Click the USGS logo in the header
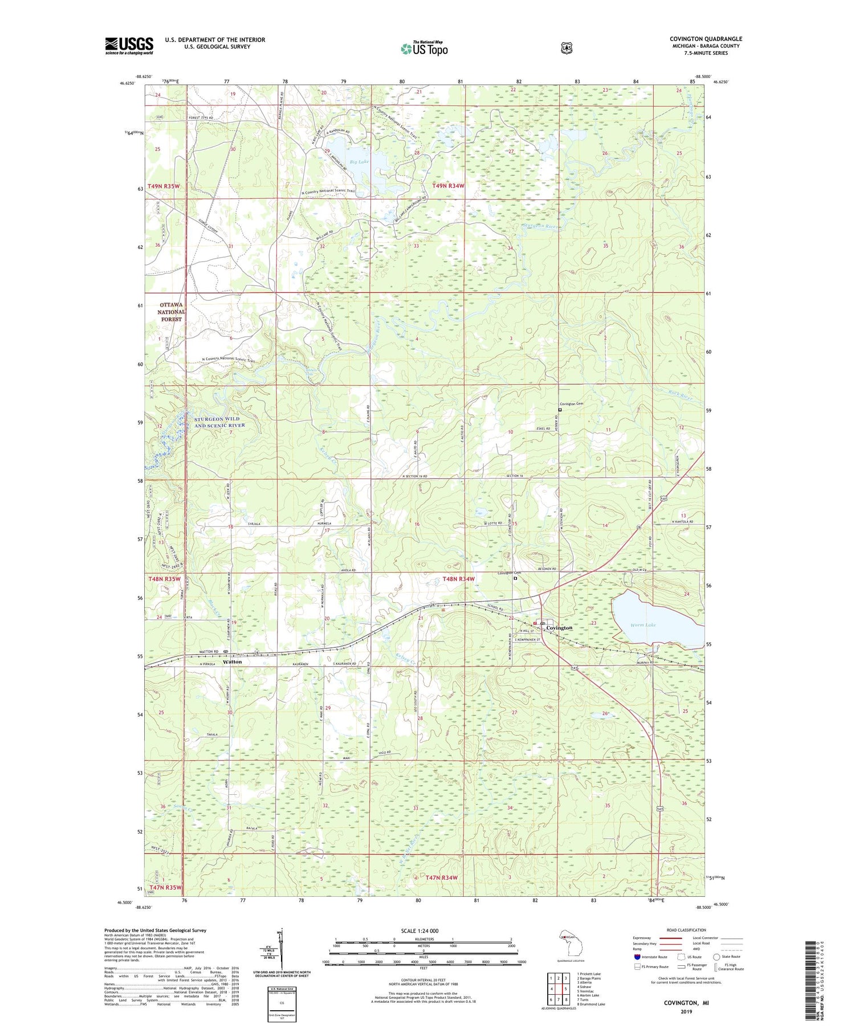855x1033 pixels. pyautogui.click(x=129, y=46)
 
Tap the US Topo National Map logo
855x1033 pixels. pyautogui.click(x=424, y=48)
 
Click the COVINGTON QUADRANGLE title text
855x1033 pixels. pyautogui.click(x=706, y=39)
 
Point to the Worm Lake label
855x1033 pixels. pyautogui.click(x=642, y=625)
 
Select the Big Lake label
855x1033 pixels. pyautogui.click(x=359, y=162)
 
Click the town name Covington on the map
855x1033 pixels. pyautogui.click(x=559, y=628)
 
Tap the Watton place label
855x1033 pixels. pyautogui.click(x=233, y=662)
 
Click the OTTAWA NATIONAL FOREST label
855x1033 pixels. pyautogui.click(x=171, y=312)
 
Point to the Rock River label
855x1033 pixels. pyautogui.click(x=680, y=395)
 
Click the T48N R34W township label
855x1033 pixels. pyautogui.click(x=458, y=579)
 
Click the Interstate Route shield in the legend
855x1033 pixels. pyautogui.click(x=637, y=957)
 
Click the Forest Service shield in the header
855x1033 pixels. pyautogui.click(x=566, y=48)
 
